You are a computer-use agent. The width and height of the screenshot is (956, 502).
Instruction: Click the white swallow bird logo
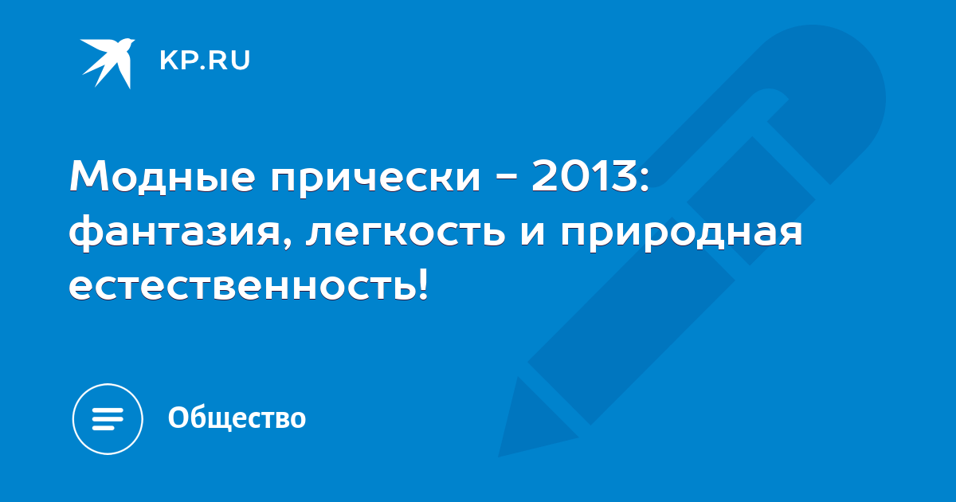coord(107,63)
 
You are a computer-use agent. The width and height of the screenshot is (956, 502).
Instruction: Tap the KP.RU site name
coord(205,61)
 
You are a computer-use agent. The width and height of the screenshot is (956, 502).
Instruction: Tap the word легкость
coord(406,234)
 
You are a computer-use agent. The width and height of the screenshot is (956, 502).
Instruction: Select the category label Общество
coord(237,418)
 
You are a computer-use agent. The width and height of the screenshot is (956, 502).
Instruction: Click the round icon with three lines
coord(108,419)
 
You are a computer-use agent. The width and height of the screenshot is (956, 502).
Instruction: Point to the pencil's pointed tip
coord(500,455)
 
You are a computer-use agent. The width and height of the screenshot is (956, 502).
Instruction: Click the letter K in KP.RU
coord(168,61)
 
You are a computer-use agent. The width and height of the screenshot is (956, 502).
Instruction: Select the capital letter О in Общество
coord(177,418)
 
